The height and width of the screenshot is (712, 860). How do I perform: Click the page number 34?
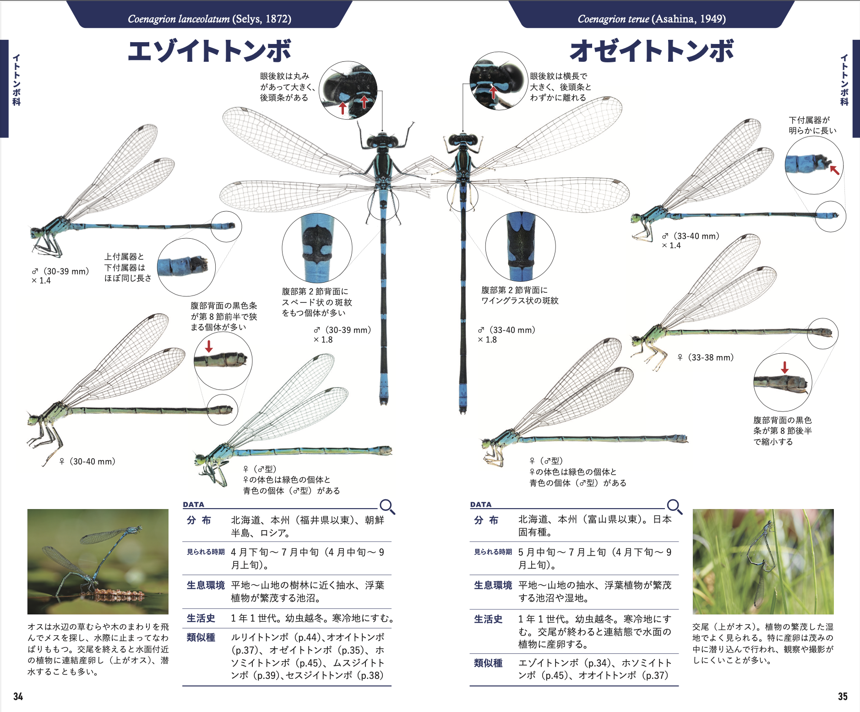18,696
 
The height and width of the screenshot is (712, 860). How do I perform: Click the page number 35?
843,696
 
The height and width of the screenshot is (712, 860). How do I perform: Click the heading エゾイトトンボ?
209,51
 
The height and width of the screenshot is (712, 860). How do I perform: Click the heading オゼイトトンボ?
651,51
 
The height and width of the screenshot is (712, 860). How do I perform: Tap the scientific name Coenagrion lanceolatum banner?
209,19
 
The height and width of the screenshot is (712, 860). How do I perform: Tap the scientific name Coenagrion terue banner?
651,19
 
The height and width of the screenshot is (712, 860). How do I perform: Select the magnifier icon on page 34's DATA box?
387,507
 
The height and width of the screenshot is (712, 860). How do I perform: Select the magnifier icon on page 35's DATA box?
675,507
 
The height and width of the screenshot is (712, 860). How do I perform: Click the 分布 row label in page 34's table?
199,520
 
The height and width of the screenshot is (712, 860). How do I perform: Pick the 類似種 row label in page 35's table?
488,663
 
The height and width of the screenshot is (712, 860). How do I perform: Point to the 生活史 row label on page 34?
201,619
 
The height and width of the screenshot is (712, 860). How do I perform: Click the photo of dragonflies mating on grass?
763,562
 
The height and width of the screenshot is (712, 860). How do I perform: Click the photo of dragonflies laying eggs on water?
98,562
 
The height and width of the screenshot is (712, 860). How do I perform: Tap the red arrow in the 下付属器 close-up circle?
835,170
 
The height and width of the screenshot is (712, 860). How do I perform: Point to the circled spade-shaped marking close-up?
317,247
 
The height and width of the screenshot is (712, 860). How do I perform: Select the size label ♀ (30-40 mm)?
87,461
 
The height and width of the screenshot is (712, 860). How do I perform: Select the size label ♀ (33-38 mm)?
706,357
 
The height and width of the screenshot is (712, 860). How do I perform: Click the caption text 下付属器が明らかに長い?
812,125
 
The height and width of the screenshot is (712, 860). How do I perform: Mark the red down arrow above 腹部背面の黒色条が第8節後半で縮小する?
785,367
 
